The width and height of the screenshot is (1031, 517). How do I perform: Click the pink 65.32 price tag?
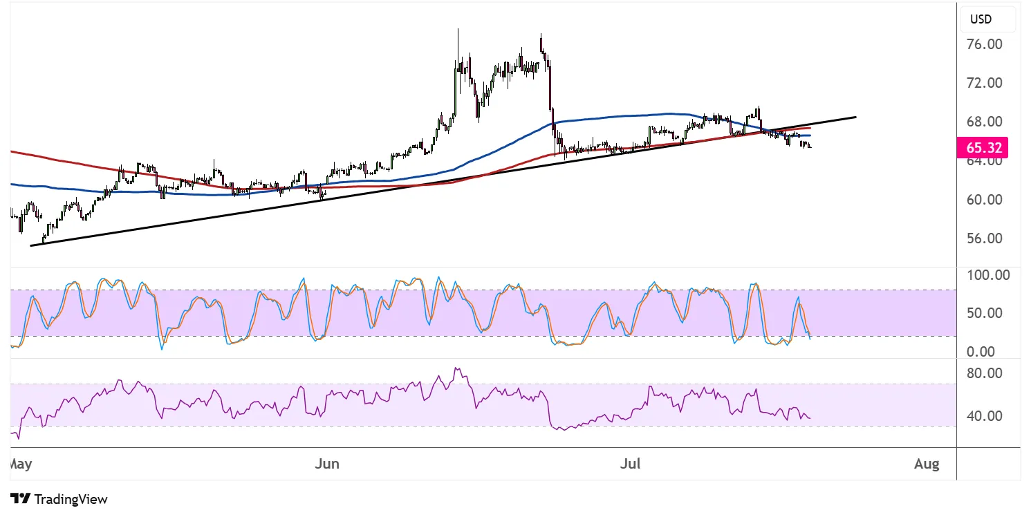[982, 148]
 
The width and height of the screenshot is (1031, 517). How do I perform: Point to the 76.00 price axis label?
[985, 44]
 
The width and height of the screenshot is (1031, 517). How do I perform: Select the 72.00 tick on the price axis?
[985, 83]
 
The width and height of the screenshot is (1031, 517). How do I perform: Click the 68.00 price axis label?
[985, 122]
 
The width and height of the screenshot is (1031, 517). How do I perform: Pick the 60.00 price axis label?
[985, 200]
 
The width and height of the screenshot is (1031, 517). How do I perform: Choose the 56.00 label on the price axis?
[985, 238]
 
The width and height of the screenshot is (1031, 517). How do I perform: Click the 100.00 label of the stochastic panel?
[988, 275]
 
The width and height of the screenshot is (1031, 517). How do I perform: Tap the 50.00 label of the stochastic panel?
[985, 313]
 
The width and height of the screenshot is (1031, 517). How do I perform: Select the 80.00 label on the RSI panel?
[985, 373]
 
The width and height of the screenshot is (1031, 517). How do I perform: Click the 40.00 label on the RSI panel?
[985, 416]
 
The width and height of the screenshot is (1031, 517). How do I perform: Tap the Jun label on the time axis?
[327, 464]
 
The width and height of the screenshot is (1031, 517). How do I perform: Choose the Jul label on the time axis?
[630, 464]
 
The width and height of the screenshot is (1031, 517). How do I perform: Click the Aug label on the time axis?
[927, 464]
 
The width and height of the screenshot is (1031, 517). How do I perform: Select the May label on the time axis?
[21, 464]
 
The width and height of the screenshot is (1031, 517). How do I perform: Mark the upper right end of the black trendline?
[856, 117]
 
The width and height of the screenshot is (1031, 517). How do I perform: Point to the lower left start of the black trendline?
[31, 245]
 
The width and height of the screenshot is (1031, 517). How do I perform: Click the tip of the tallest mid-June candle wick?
[458, 29]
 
